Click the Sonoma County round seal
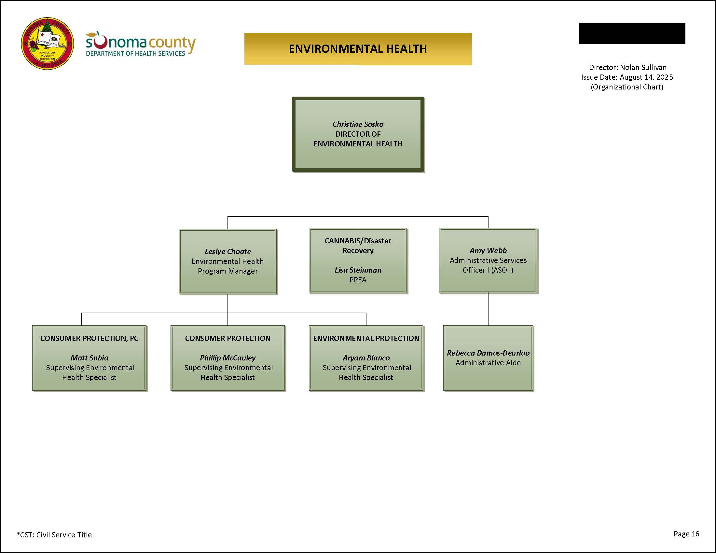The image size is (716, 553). click(47, 44)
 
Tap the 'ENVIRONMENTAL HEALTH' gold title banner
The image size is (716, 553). click(358, 49)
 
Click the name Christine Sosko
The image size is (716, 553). click(358, 124)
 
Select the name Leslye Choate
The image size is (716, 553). click(227, 251)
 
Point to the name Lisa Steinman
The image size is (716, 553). click(358, 270)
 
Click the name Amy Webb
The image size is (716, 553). click(488, 250)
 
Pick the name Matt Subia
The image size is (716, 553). click(89, 358)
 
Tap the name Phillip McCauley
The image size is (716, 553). click(227, 358)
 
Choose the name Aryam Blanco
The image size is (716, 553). click(366, 358)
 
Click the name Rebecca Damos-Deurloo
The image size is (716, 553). click(488, 353)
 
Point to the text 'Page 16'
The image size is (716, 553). click(686, 534)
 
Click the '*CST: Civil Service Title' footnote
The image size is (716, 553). click(54, 535)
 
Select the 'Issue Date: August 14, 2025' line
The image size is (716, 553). click(627, 77)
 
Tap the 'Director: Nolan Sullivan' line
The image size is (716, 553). click(627, 67)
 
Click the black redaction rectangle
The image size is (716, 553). click(632, 34)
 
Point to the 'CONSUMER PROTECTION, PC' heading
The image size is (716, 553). click(89, 338)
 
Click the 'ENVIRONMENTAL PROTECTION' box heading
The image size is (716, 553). click(366, 338)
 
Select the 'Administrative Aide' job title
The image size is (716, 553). click(488, 363)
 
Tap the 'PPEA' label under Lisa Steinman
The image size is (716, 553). click(358, 280)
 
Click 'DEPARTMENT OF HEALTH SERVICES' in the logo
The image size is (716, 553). click(135, 53)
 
